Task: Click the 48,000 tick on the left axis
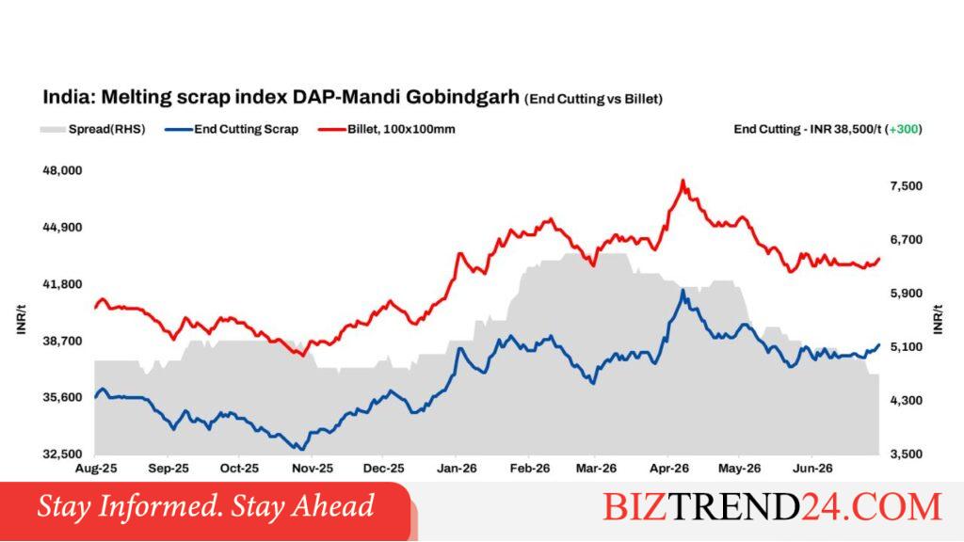click(62, 170)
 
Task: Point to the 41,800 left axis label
click(62, 284)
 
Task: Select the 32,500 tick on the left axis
click(62, 454)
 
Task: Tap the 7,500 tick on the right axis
click(907, 186)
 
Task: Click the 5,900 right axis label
click(907, 294)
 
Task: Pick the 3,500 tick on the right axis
click(907, 454)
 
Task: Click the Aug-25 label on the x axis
click(96, 469)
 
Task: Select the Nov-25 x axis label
click(313, 469)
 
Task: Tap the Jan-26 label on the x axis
click(457, 469)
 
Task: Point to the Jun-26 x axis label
click(812, 469)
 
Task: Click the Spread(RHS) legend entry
click(93, 129)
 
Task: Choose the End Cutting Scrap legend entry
click(232, 129)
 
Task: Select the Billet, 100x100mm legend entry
click(387, 129)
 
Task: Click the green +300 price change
click(904, 129)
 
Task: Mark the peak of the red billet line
click(683, 181)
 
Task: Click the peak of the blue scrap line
click(683, 291)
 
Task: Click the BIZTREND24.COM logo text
click(772, 506)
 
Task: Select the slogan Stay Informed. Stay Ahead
click(205, 506)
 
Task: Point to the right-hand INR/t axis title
click(938, 319)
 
